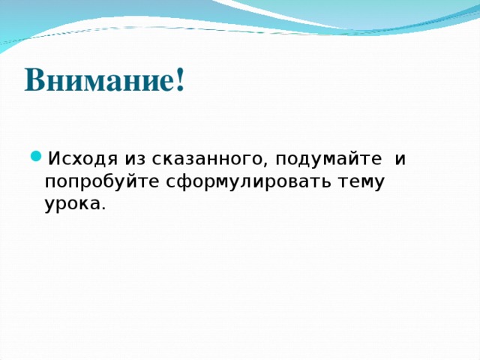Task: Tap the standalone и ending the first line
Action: [x=400, y=159]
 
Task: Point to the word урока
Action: [x=72, y=204]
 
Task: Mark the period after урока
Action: [x=103, y=208]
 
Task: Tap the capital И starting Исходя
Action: [x=53, y=159]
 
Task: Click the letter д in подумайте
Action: [x=301, y=160]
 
